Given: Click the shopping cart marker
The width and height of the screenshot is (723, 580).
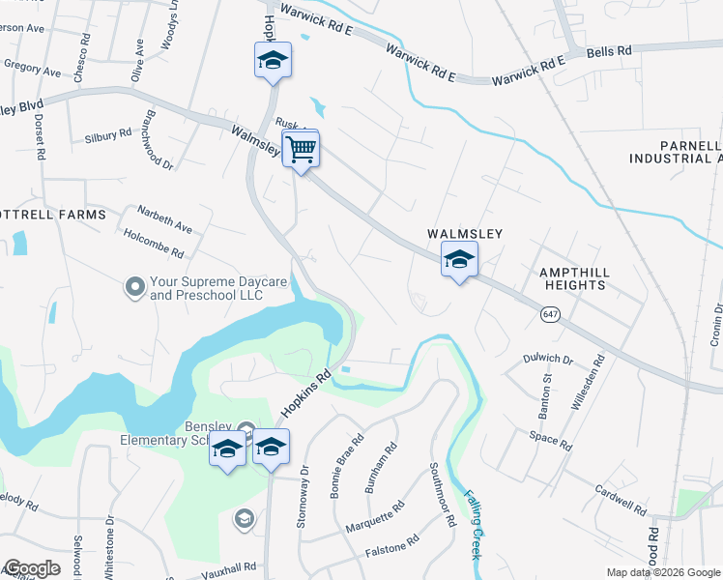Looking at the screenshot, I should tap(301, 151).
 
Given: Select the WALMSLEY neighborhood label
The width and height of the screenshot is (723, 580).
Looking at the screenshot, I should tap(466, 235).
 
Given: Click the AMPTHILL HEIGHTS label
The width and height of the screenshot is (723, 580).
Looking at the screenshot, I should tap(573, 278).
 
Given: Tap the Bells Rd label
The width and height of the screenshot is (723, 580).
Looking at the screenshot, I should tap(609, 50).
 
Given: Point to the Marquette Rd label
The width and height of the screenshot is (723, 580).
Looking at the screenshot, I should tap(375, 519).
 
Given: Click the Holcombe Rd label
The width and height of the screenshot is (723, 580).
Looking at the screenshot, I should tap(154, 243).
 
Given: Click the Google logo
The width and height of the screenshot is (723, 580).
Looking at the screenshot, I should tap(31, 568).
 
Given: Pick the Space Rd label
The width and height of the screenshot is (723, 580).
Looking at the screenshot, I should tap(550, 440).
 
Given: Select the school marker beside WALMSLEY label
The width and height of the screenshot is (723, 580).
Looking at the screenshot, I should tap(459, 260).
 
